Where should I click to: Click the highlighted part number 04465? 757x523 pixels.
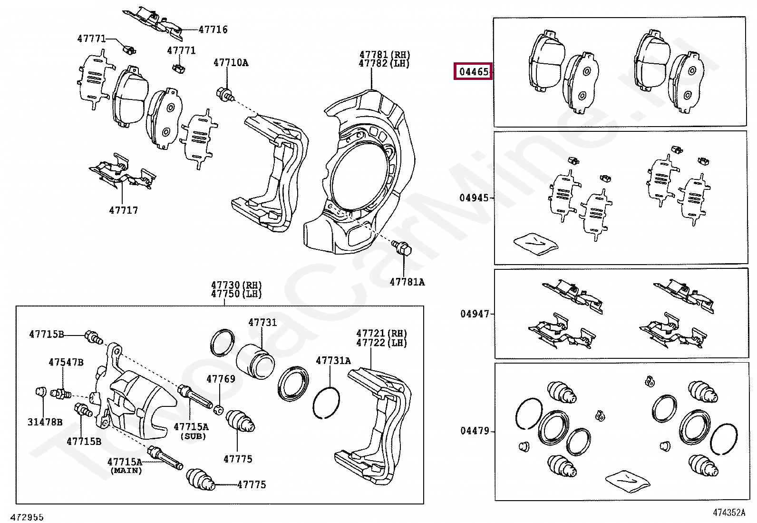[x=473, y=72]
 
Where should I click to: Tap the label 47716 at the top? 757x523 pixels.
[x=213, y=30]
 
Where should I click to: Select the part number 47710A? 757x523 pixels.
[x=231, y=62]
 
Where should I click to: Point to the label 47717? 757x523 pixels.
[x=124, y=210]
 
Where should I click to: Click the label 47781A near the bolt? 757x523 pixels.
[x=407, y=282]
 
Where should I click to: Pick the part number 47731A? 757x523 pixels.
[x=333, y=360]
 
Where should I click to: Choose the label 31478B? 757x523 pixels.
[x=45, y=422]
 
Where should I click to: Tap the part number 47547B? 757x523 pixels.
[x=66, y=362]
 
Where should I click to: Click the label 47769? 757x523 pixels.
[x=221, y=379]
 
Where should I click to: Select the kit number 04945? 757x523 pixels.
[x=474, y=198]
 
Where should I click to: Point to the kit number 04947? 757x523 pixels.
[x=474, y=314]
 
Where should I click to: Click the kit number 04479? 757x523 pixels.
[x=474, y=431]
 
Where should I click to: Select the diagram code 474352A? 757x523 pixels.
[x=728, y=513]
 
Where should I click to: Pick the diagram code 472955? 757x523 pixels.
[x=28, y=517]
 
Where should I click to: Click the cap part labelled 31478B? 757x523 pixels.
[x=41, y=392]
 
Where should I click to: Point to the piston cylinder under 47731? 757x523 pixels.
[x=255, y=360]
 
